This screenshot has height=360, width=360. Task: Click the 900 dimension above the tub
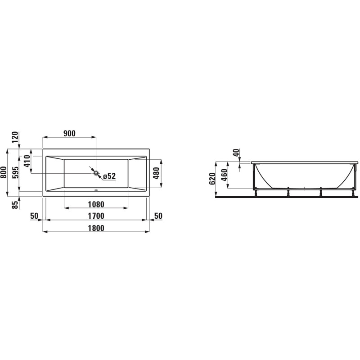click(69, 133)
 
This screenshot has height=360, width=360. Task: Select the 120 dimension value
click(15, 137)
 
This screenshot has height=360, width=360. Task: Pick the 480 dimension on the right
click(157, 173)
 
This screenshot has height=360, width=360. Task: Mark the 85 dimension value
click(15, 204)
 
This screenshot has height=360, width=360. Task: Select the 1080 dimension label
click(96, 204)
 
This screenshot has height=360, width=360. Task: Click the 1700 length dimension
click(96, 216)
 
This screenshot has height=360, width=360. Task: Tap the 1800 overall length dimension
click(96, 228)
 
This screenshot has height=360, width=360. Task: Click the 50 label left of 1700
click(34, 216)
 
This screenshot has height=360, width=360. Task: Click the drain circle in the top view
click(96, 172)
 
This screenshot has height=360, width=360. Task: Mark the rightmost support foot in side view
click(354, 193)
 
